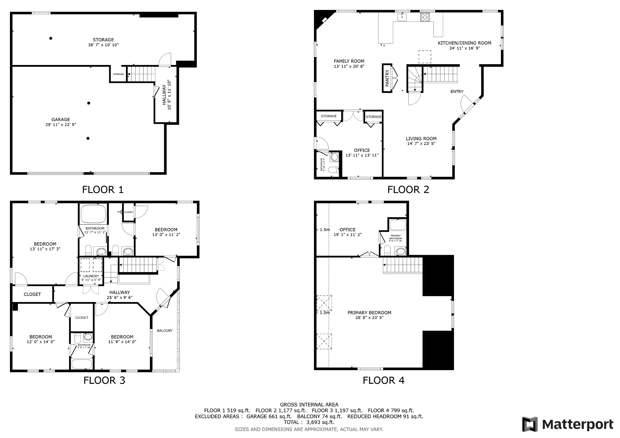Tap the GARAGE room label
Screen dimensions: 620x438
61,120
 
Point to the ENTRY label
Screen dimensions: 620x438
457,92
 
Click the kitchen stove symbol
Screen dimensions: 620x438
425,17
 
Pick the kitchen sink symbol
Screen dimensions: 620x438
402,17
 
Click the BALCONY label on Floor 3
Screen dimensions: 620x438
165,331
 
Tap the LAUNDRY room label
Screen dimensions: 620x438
91,276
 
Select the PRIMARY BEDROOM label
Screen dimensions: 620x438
369,313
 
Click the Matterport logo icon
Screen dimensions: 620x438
530,424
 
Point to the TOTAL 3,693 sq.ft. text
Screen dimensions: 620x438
309,422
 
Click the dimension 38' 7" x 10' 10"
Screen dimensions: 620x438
103,45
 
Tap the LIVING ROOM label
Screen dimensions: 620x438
421,139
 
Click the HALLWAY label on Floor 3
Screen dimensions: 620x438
120,292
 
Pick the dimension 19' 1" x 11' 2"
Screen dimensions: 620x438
348,235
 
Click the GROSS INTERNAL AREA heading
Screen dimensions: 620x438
309,405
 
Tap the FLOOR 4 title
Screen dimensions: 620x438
383,381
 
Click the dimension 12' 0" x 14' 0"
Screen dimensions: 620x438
41,342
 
